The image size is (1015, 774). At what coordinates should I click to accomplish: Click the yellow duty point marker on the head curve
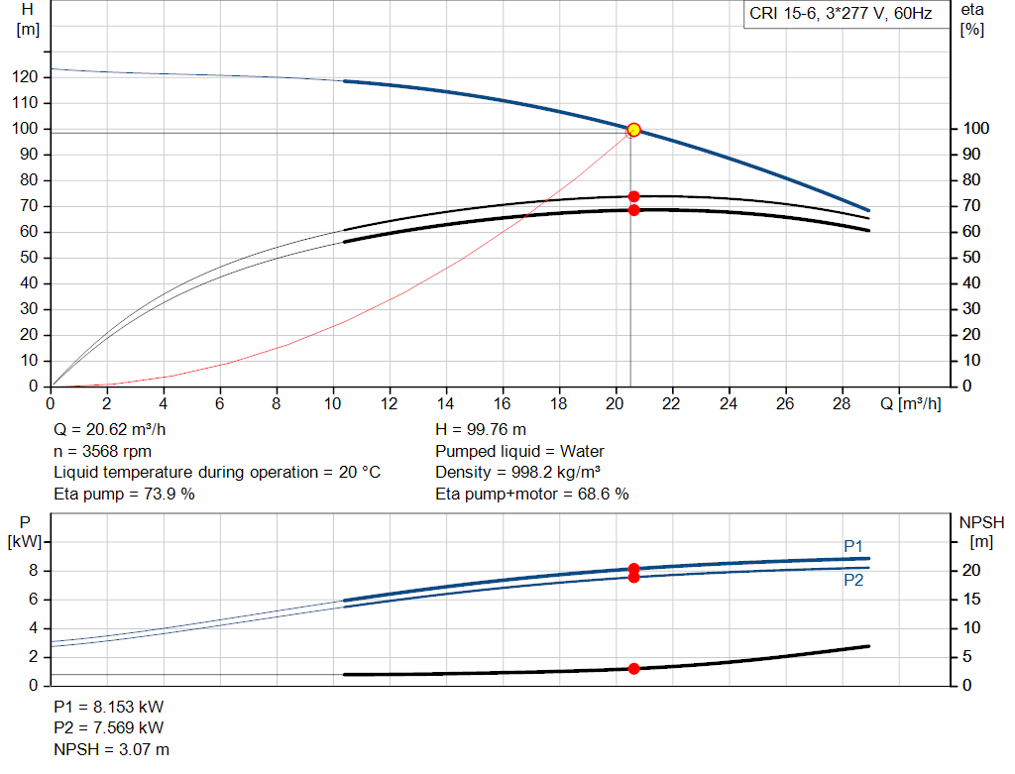pos(633,130)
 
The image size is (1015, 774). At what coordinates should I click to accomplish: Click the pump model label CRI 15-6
pos(782,14)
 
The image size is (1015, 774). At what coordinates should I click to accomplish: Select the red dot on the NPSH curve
pos(633,669)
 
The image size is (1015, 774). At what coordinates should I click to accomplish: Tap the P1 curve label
pos(853,546)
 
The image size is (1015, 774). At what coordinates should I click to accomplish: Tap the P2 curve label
pos(853,580)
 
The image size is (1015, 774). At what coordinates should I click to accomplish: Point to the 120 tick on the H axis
pos(25,77)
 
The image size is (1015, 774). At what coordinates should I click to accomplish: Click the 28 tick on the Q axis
pos(841,403)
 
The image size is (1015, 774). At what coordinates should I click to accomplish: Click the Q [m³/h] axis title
pos(910,404)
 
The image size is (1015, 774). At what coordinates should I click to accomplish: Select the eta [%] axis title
pos(972,20)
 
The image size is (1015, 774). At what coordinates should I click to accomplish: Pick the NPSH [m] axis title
pos(981,532)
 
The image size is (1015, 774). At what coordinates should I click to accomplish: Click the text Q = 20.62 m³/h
pos(110,430)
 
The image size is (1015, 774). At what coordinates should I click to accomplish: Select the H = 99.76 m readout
pos(481,430)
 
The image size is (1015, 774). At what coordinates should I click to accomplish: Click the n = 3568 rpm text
pos(102,451)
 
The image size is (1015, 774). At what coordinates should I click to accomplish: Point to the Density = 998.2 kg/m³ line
pos(517,473)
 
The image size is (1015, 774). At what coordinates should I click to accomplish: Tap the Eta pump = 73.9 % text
pos(124,494)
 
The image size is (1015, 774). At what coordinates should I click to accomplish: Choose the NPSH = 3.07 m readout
pos(111,749)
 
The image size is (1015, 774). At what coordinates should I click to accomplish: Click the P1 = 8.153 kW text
pos(109,707)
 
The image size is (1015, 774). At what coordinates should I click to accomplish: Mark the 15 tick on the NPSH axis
pos(971,600)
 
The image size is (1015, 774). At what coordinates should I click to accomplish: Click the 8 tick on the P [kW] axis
pos(33,571)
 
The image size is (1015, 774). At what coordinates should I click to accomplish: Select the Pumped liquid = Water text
pos(519,451)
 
